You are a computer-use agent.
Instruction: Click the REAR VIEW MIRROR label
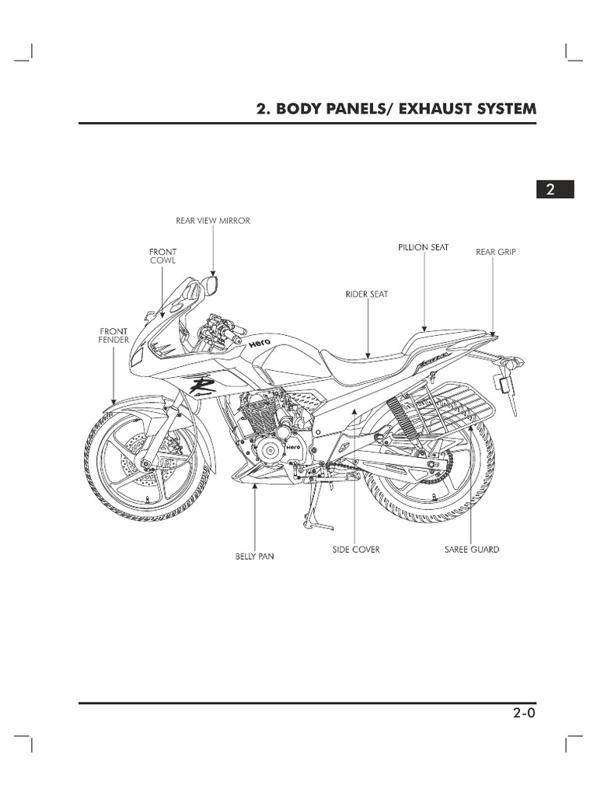(x=213, y=221)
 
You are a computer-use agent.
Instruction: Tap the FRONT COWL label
(x=162, y=257)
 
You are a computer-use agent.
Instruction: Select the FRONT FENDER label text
(x=113, y=335)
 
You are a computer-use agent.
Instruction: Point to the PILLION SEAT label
(x=423, y=247)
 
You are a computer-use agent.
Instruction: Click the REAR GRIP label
(x=495, y=252)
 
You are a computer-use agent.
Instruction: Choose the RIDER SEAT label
(x=367, y=295)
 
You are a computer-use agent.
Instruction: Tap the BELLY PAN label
(x=255, y=557)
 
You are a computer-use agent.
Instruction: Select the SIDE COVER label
(x=356, y=549)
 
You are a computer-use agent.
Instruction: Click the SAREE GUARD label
(x=472, y=549)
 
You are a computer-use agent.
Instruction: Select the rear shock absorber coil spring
(x=407, y=416)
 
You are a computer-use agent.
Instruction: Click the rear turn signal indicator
(x=513, y=363)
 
